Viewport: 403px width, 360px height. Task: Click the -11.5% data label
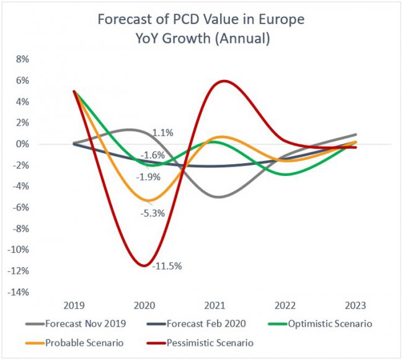tap(167, 266)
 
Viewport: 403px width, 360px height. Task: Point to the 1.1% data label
tap(163, 133)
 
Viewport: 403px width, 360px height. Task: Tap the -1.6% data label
tap(152, 155)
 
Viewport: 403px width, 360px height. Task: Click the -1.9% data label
tap(149, 177)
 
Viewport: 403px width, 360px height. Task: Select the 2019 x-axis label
tap(74, 306)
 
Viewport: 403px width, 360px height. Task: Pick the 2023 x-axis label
tap(354, 306)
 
